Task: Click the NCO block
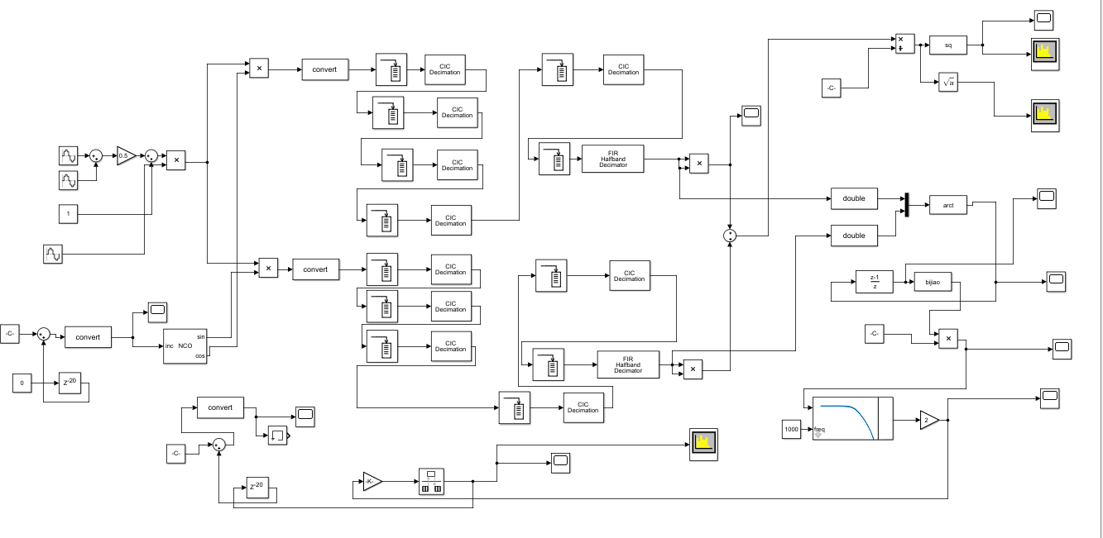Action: coord(185,345)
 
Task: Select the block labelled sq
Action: coord(947,45)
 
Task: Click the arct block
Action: coord(947,205)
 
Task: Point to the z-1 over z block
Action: coord(875,283)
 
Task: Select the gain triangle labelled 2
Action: coord(928,420)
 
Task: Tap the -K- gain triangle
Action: coord(372,481)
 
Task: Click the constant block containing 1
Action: coord(69,214)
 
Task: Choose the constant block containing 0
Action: coord(22,383)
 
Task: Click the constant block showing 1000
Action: coord(792,430)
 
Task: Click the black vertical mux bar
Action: coord(907,205)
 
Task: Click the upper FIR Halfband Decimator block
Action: coord(612,159)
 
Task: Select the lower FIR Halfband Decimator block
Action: coord(628,364)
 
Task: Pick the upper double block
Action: coord(853,198)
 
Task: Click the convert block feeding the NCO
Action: coord(88,337)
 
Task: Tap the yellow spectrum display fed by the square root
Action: coord(1046,115)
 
